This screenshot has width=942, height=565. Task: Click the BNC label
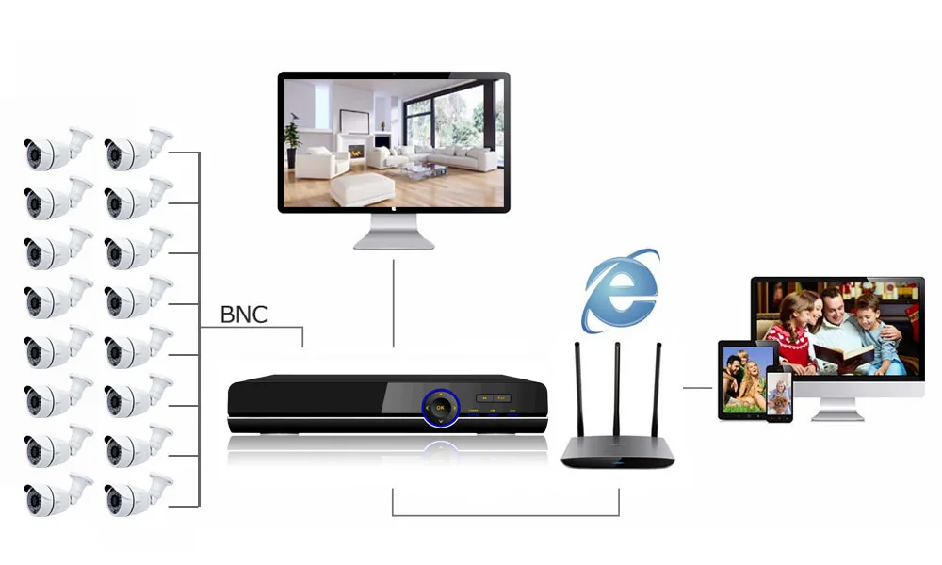click(243, 314)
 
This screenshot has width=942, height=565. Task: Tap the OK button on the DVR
click(438, 408)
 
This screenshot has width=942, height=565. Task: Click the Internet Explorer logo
click(618, 290)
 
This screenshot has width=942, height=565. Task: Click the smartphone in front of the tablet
click(779, 395)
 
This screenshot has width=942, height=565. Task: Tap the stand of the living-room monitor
click(394, 231)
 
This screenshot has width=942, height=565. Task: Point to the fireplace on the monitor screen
click(356, 150)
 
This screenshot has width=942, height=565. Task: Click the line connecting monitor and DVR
click(394, 301)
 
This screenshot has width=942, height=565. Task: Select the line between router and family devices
click(697, 387)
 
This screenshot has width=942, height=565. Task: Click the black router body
click(618, 453)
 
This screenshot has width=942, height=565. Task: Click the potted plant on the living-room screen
click(292, 141)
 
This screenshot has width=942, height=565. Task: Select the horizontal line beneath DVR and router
click(506, 515)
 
